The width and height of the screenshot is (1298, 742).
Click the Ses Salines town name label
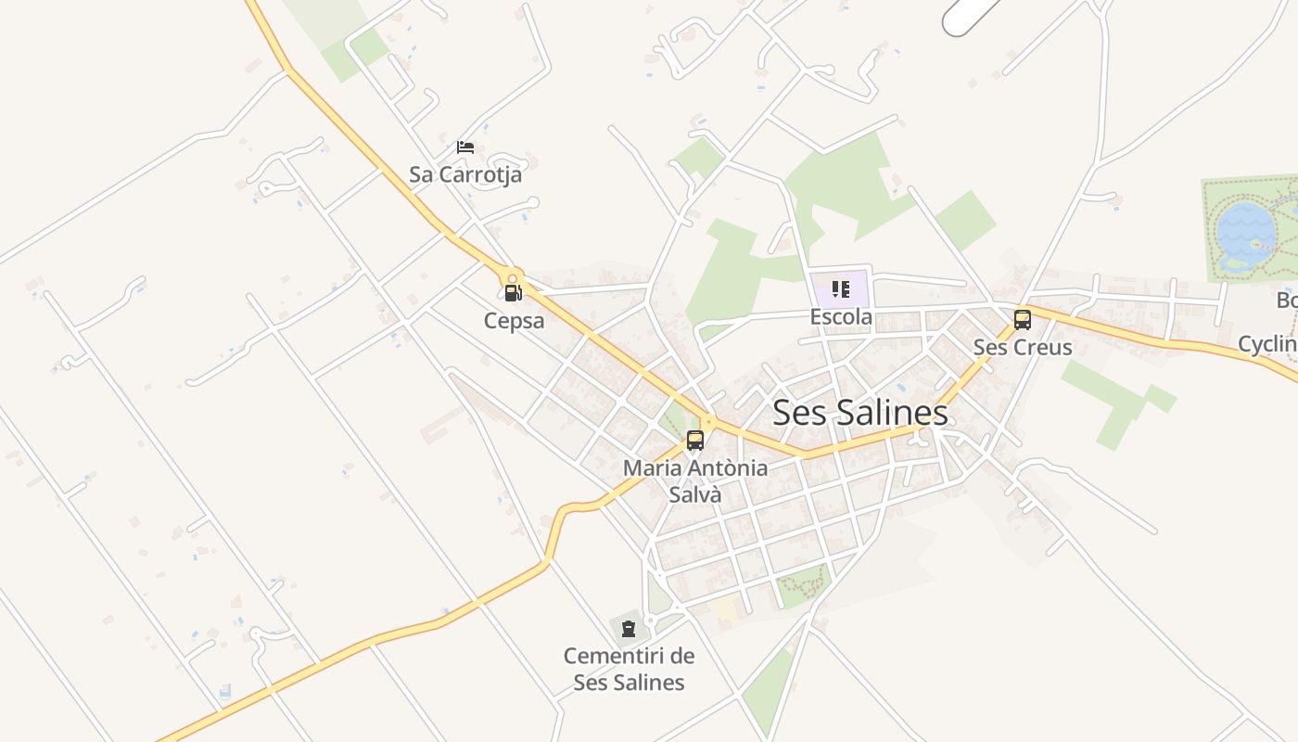coord(859,413)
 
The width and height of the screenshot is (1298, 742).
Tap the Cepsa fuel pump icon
coord(513,293)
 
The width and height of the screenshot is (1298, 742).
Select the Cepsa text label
coord(514,321)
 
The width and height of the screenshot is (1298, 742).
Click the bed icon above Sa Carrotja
coord(465,147)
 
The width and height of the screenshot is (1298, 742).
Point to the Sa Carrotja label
coord(465,174)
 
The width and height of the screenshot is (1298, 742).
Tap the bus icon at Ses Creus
coord(1022,320)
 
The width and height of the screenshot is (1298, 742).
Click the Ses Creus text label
coord(1022,347)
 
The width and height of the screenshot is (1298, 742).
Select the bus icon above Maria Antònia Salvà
coord(695,441)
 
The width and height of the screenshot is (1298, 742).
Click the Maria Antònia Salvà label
coord(695,480)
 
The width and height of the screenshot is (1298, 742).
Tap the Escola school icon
coord(841,289)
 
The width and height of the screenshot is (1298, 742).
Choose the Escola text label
coord(841,317)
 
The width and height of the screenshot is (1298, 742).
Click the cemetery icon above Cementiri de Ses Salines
coord(629,629)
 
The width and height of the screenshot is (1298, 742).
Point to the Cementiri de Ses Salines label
coord(629,669)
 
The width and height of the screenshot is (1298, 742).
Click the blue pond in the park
coord(1244,232)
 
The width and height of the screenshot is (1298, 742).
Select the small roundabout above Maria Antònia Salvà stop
coord(707,422)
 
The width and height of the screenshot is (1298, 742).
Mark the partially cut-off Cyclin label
coord(1267,344)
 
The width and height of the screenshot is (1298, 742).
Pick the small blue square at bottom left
coord(225,691)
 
